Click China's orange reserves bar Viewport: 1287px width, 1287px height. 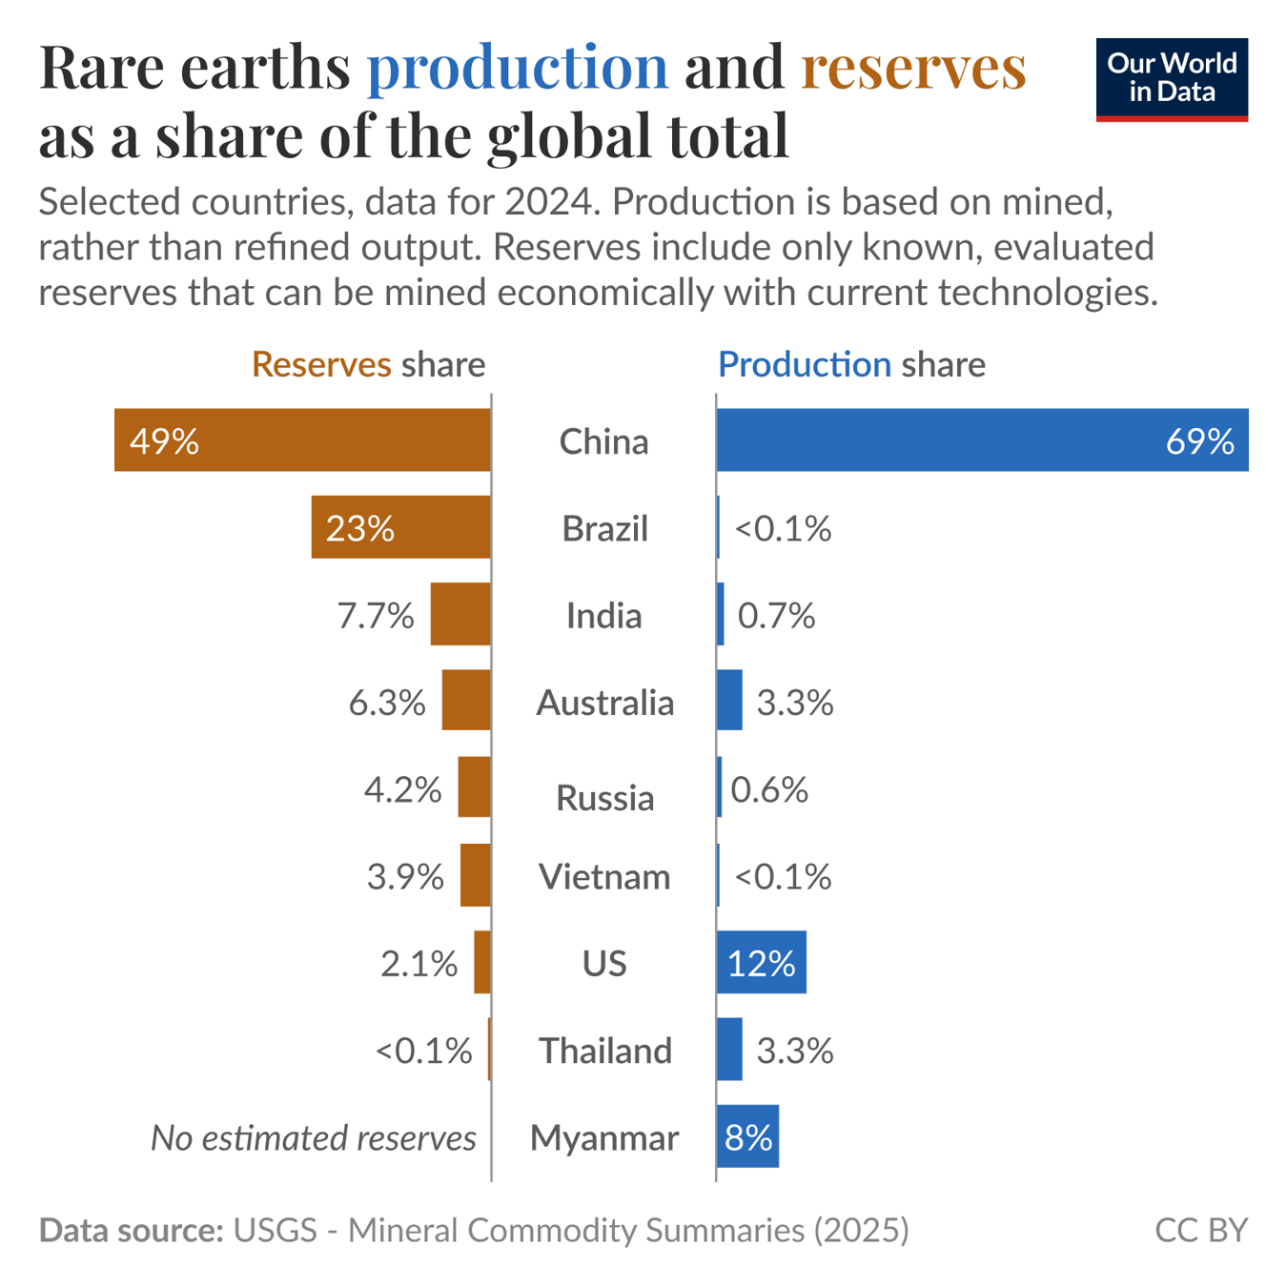[302, 440]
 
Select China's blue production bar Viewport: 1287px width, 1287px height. [982, 440]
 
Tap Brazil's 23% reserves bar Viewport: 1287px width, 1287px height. [400, 527]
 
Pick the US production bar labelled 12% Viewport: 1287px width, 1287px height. [761, 963]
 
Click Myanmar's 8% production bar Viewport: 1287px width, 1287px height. [747, 1136]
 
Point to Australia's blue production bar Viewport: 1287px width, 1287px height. [729, 701]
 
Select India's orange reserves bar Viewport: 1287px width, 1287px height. [460, 614]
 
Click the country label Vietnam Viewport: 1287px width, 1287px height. [604, 876]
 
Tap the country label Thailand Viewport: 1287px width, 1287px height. [605, 1051]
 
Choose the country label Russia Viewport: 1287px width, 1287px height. [604, 798]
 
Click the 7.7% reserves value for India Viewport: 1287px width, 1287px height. [376, 616]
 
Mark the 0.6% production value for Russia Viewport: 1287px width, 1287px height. [769, 789]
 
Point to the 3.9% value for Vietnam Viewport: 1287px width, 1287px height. [405, 876]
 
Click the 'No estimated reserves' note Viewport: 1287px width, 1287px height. [313, 1137]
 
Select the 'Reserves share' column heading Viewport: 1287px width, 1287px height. [368, 364]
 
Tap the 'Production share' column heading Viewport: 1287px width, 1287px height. [851, 364]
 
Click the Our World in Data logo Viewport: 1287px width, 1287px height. [1172, 79]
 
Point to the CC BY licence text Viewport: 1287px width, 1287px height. [1200, 1230]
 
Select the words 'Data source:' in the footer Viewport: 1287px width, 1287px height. [132, 1230]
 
